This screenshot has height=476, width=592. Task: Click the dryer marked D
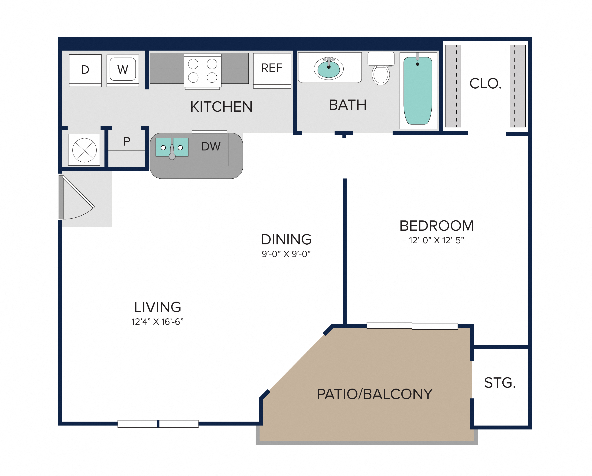click(85, 70)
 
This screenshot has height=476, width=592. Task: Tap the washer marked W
click(123, 70)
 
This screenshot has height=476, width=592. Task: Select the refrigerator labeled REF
click(272, 70)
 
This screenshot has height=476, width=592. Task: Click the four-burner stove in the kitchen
click(203, 71)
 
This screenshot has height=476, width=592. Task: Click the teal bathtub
click(418, 91)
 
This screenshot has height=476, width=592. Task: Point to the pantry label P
click(127, 141)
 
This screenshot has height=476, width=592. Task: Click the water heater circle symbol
click(84, 150)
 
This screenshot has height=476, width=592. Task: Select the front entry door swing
click(77, 197)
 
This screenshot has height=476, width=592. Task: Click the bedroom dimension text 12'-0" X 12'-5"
click(436, 240)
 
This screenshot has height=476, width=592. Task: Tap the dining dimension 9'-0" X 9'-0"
click(286, 254)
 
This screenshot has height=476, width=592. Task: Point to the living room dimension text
click(157, 321)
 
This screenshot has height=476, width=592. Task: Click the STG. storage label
click(500, 383)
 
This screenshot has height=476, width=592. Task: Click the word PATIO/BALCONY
click(374, 394)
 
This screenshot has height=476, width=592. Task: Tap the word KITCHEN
click(221, 107)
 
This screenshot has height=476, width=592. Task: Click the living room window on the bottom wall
click(158, 424)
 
